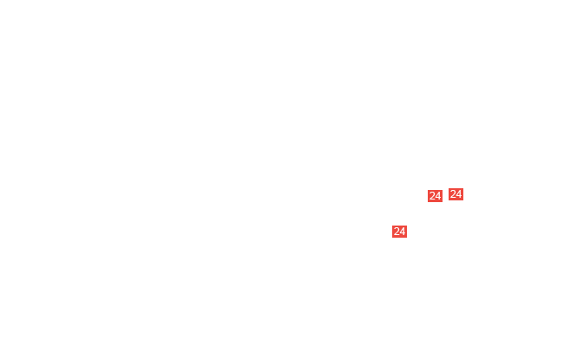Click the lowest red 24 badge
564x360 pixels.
[x=399, y=232]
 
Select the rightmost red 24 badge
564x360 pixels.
[x=456, y=194]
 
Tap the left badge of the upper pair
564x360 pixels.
[x=435, y=196]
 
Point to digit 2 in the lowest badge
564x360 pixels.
[x=397, y=232]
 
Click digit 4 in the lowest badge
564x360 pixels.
[x=403, y=232]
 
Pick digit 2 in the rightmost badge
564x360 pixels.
[x=453, y=194]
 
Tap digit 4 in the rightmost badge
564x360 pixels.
[x=459, y=194]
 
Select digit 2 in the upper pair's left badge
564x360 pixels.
[x=432, y=196]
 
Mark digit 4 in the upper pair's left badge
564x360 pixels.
[x=438, y=196]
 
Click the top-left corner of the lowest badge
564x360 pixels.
[x=392, y=226]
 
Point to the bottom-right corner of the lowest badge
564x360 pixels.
[x=407, y=238]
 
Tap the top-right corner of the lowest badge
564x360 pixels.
[x=407, y=226]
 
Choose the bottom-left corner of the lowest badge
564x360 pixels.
[x=392, y=238]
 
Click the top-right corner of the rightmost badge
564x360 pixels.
[x=463, y=188]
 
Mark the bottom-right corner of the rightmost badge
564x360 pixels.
[x=463, y=200]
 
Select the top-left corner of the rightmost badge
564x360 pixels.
[x=449, y=188]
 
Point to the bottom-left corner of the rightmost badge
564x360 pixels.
[x=449, y=200]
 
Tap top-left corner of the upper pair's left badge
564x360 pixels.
[x=428, y=190]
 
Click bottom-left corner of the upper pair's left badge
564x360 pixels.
[x=428, y=202]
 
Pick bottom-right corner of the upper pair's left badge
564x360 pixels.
[x=443, y=202]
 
